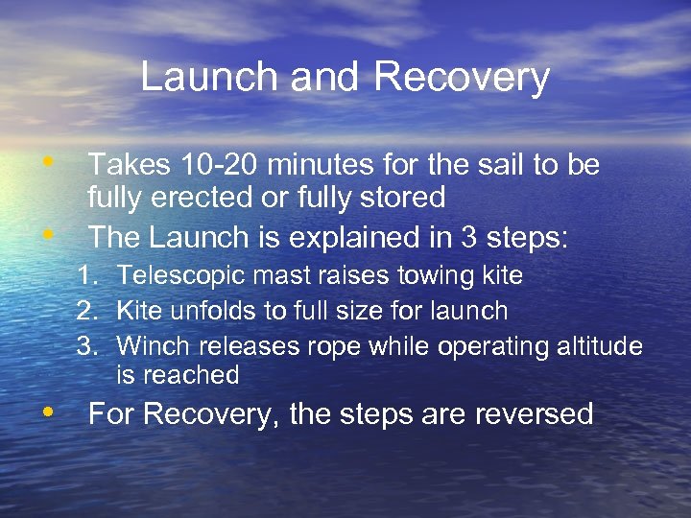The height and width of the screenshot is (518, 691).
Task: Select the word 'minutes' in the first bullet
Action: tap(320, 166)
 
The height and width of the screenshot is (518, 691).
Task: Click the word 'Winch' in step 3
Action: tap(147, 345)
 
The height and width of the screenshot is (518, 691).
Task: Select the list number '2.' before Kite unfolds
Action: tap(89, 311)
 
